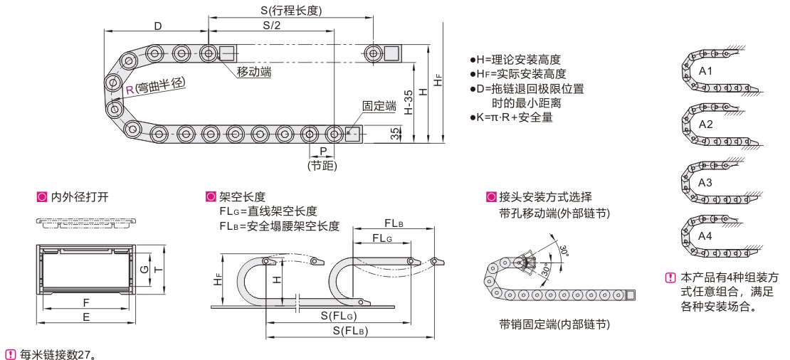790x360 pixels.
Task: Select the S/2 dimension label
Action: pyautogui.click(x=271, y=25)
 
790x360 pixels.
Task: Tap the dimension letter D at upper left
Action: pyautogui.click(x=157, y=26)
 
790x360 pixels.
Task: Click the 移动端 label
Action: pyautogui.click(x=254, y=72)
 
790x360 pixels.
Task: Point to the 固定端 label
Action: pyautogui.click(x=379, y=106)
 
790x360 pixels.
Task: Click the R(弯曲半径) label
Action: pyautogui.click(x=155, y=86)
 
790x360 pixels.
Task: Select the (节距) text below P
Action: pyautogui.click(x=322, y=166)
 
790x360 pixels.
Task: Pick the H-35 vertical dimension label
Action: pyautogui.click(x=408, y=102)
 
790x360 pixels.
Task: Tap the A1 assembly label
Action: pyautogui.click(x=705, y=72)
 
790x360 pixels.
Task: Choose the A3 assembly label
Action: pyautogui.click(x=705, y=183)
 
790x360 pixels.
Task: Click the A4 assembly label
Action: pyautogui.click(x=705, y=235)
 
